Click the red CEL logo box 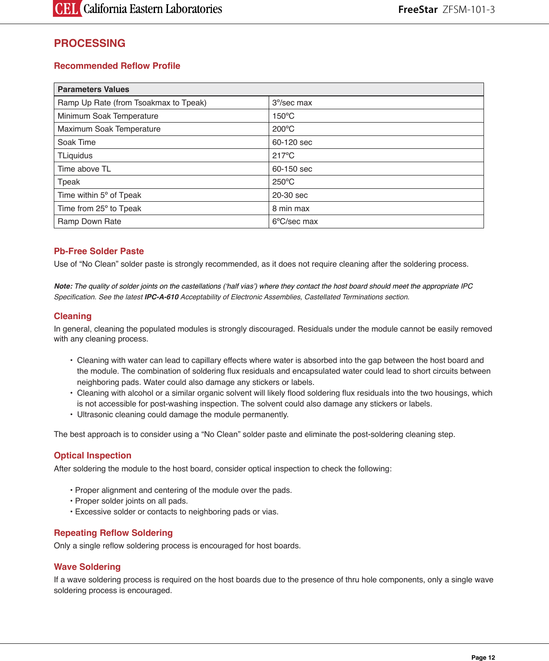tap(67, 9)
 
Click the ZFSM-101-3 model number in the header tap(468, 9)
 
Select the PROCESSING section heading tap(90, 43)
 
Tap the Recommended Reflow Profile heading tap(117, 66)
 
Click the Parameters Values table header tap(93, 89)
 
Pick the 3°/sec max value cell tap(292, 103)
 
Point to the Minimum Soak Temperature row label tap(108, 116)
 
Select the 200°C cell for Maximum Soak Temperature tap(283, 129)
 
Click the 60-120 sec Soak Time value tap(292, 142)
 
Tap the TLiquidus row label tap(75, 156)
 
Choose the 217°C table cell tap(283, 156)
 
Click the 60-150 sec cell tap(292, 169)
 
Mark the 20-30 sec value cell tap(290, 195)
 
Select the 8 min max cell tap(291, 209)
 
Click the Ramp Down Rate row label tap(90, 221)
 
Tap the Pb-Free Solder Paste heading tap(99, 251)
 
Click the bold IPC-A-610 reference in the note tap(161, 297)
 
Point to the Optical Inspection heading tap(93, 455)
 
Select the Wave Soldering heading tap(87, 567)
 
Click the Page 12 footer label tap(483, 658)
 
